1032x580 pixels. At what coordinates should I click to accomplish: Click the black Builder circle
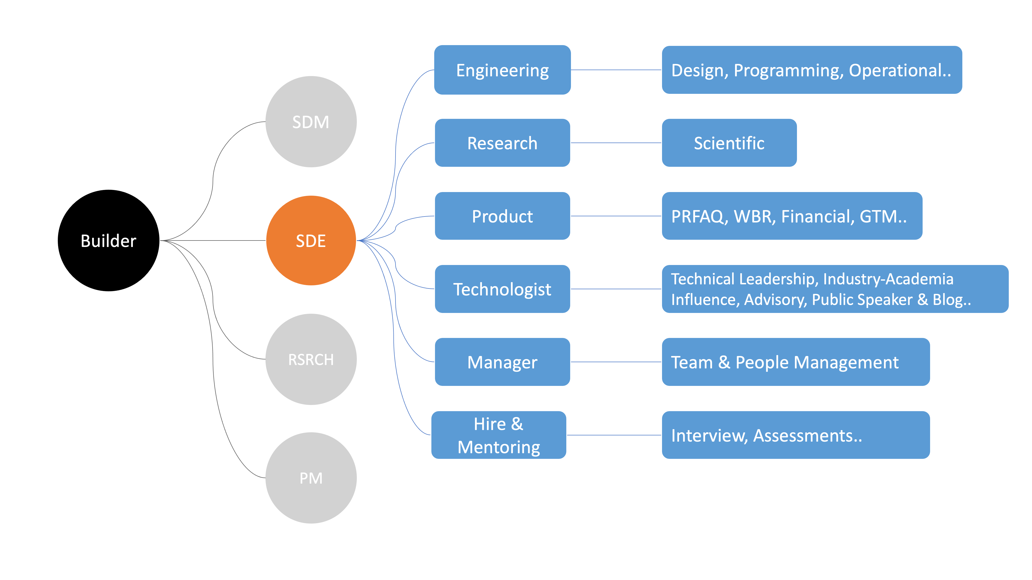click(x=109, y=241)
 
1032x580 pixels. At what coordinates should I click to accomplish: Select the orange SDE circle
click(x=311, y=241)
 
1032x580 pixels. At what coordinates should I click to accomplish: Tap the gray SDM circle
click(x=311, y=122)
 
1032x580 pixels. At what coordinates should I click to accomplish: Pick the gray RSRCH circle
click(x=311, y=359)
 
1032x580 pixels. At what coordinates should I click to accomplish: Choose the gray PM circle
click(x=311, y=478)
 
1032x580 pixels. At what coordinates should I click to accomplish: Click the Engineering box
click(x=502, y=70)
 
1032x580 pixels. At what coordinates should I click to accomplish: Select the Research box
click(x=502, y=143)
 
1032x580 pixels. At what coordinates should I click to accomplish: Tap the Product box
click(x=502, y=216)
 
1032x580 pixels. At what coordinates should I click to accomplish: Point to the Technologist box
click(x=502, y=289)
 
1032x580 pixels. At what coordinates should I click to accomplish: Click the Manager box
click(x=502, y=362)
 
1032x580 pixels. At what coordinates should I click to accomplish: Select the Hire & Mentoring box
click(x=499, y=435)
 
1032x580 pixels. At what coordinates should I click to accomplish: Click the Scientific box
click(x=729, y=143)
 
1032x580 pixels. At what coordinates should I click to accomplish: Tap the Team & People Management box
click(x=796, y=362)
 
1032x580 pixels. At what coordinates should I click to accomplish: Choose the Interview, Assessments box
click(x=796, y=435)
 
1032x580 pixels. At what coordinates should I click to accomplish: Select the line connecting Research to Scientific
click(x=616, y=143)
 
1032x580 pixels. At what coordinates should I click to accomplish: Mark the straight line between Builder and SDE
click(x=213, y=241)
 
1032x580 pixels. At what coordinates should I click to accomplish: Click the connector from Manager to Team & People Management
click(x=616, y=362)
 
